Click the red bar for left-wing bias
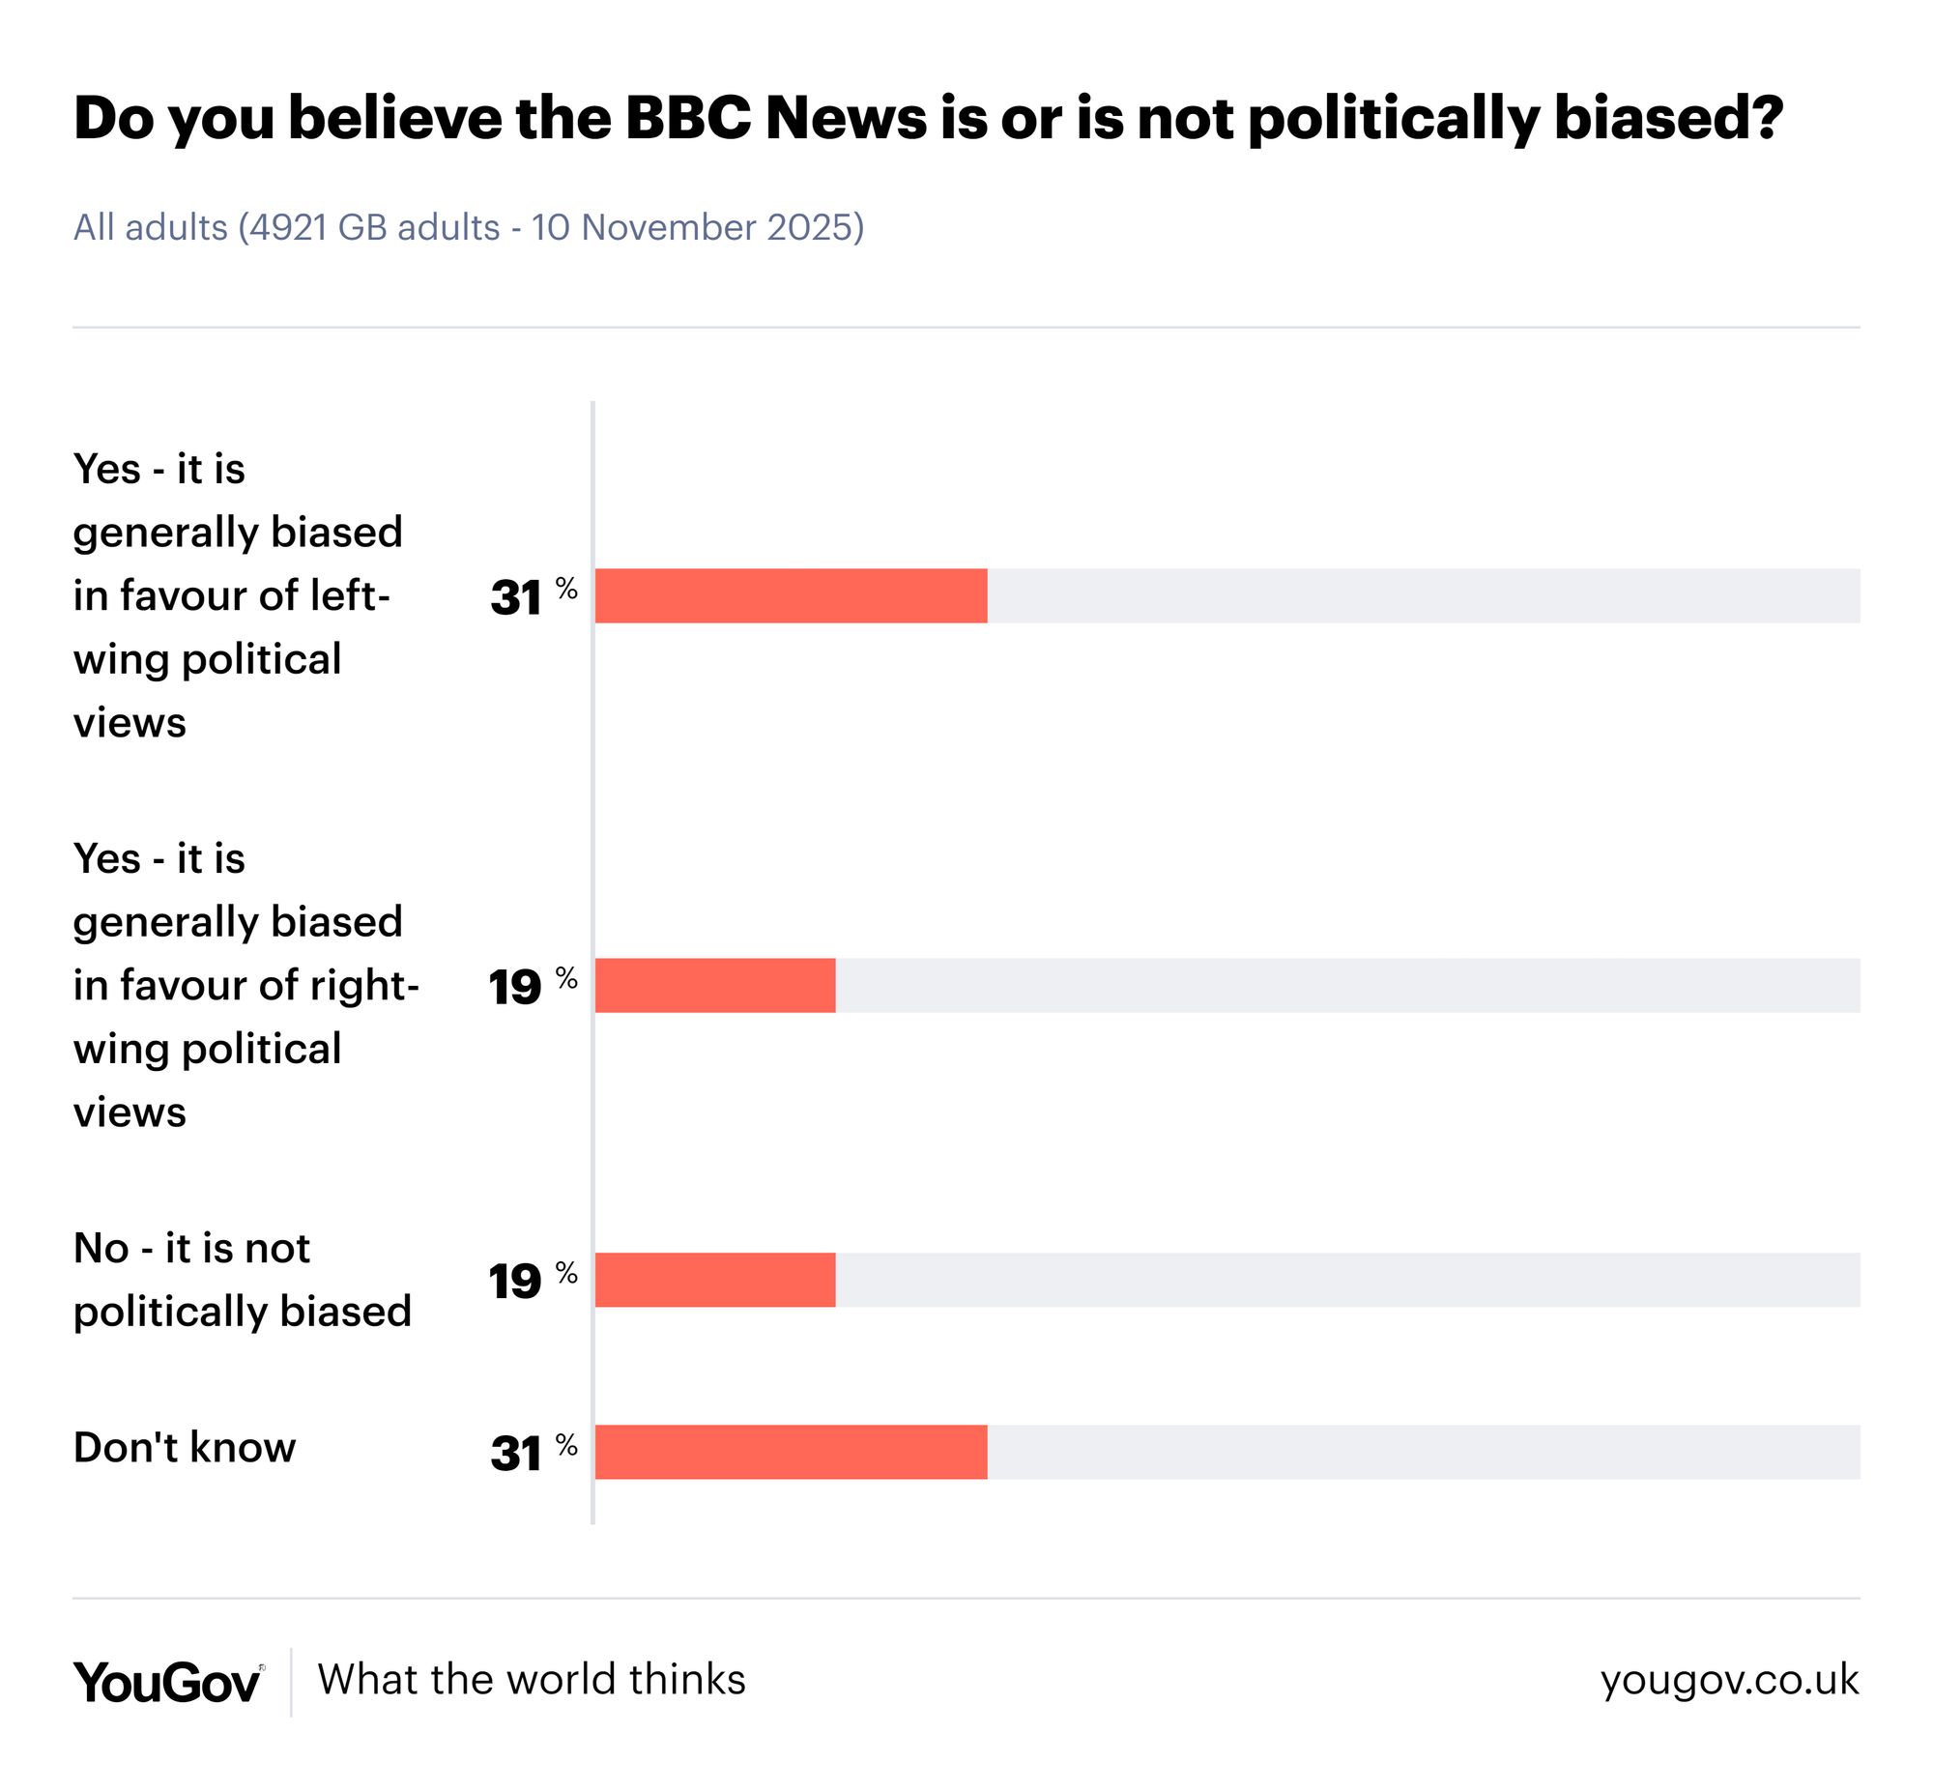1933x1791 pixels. pos(791,595)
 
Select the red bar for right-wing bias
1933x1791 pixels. pos(715,986)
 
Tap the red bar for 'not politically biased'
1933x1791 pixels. pos(715,1280)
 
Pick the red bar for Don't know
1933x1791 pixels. pos(791,1452)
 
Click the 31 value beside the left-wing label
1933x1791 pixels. pos(515,598)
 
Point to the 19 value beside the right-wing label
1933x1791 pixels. pos(514,989)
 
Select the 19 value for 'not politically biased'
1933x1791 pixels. pos(514,1283)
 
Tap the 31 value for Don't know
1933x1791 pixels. pos(515,1455)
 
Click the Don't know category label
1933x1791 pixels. pos(184,1448)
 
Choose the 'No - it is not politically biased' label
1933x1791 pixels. pos(243,1280)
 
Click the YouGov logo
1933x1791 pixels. pos(167,1683)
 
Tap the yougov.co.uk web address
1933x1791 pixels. pos(1728,1681)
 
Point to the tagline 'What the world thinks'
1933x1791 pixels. pos(531,1680)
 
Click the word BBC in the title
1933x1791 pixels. pos(688,118)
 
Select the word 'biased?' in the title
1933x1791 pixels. pos(1667,118)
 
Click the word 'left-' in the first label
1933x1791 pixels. pos(350,595)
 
